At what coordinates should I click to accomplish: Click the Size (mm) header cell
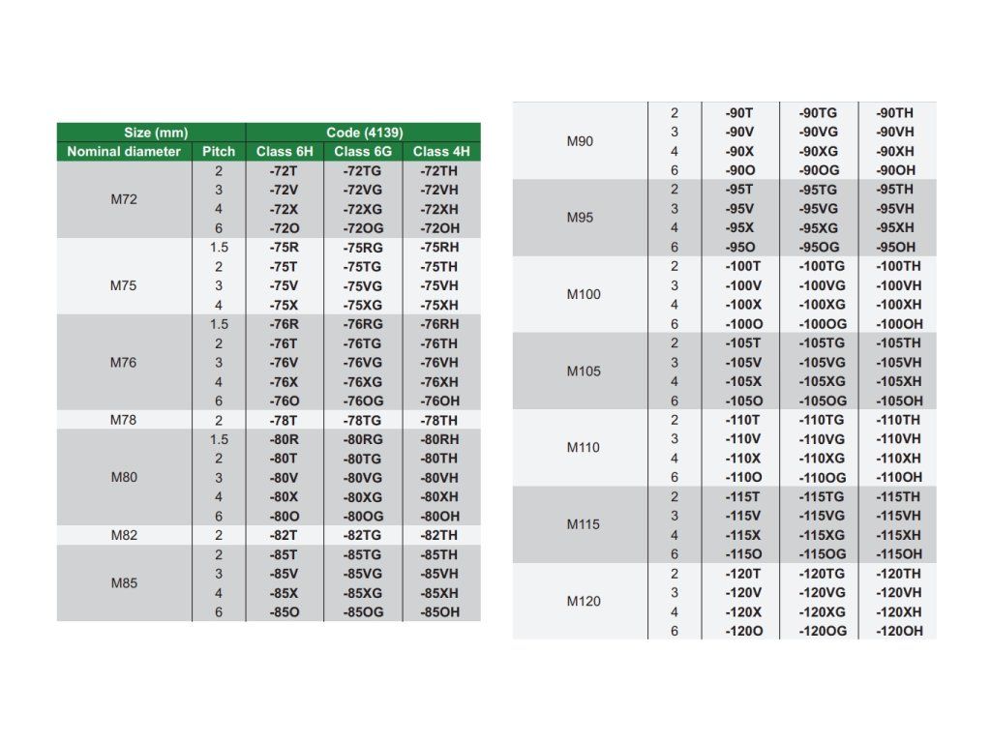coord(151,133)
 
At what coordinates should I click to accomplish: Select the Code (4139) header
coord(364,133)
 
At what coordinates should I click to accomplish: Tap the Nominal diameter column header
coord(124,152)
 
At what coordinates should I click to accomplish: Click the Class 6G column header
coord(363,152)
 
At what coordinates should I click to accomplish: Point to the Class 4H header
coord(440,152)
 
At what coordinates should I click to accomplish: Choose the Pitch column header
coord(219,152)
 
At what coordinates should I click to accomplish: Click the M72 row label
coord(124,200)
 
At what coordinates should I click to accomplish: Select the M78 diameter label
coord(124,420)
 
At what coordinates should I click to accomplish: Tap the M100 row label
coord(584,294)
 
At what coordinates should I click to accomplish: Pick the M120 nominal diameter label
coord(584,602)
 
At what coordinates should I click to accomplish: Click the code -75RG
coord(363,248)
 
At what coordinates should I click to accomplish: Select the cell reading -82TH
coord(440,535)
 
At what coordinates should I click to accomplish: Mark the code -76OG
coord(363,401)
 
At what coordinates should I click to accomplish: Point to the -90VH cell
coord(895,133)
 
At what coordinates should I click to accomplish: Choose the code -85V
coord(284,574)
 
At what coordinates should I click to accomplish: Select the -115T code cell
coord(743,496)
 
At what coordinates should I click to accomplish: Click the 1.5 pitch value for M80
coord(219,439)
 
